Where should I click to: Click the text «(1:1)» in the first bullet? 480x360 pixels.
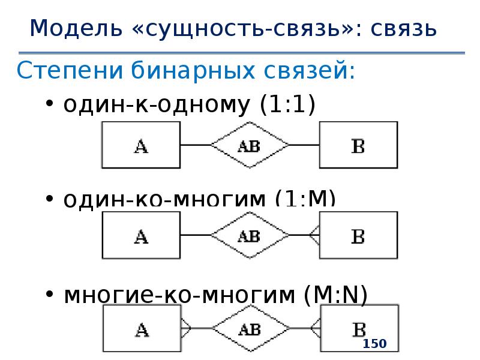(287, 105)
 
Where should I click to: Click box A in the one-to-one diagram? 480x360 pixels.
(141, 145)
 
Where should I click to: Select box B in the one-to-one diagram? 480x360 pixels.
(358, 145)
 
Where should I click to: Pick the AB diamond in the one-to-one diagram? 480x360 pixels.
(249, 145)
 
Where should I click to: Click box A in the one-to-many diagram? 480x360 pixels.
(141, 236)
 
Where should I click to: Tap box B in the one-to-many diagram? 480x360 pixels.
(358, 236)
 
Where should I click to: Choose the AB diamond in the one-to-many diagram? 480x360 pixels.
(249, 236)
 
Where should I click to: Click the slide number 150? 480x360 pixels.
(374, 344)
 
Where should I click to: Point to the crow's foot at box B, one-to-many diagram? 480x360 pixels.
(314, 236)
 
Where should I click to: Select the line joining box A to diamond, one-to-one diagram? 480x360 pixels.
(195, 145)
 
